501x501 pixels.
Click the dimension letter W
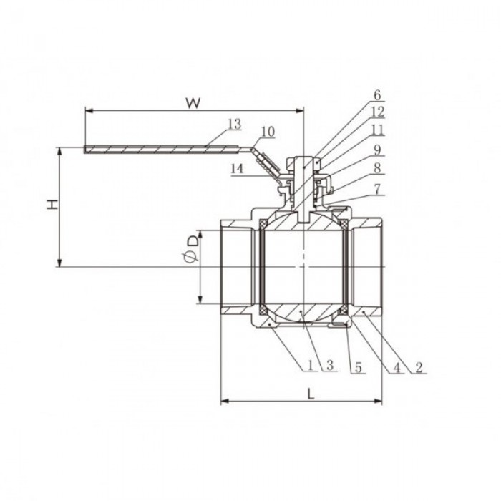[194, 103]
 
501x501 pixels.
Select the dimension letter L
[311, 394]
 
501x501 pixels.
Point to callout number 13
[235, 124]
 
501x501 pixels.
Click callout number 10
[268, 132]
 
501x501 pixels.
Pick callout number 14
[237, 169]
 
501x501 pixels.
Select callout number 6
[377, 95]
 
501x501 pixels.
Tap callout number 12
[378, 112]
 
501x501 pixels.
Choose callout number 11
[377, 130]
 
